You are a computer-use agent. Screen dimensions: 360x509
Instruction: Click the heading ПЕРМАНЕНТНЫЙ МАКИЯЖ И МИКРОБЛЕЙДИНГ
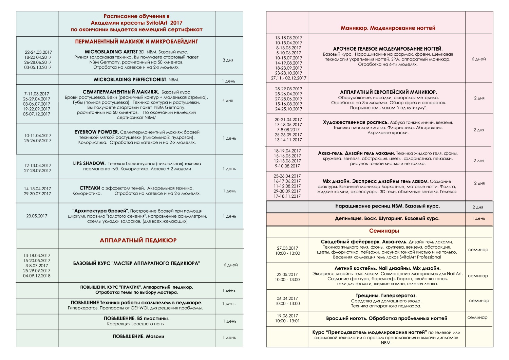(136, 42)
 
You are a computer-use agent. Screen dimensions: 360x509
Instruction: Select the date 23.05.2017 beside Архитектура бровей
(37, 216)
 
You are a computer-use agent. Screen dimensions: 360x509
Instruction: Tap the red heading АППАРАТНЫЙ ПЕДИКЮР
(138, 240)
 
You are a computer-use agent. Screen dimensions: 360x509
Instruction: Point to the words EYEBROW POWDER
(96, 132)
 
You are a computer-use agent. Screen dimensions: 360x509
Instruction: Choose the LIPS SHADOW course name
(89, 164)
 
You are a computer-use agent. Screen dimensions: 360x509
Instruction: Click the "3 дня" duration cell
(228, 60)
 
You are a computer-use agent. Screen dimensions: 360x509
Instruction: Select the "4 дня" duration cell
(228, 101)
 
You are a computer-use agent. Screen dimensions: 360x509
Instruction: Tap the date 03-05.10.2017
(38, 68)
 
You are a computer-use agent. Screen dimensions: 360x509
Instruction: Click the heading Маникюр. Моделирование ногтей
(388, 28)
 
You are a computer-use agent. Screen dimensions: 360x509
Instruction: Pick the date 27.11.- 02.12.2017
(288, 78)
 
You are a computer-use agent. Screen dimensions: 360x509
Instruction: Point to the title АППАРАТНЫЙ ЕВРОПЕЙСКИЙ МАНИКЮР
(388, 92)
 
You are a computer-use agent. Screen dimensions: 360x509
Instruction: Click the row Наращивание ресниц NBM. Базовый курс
(387, 206)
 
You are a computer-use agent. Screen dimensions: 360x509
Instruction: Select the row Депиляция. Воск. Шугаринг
(387, 219)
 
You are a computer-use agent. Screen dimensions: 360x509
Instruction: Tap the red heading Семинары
(384, 231)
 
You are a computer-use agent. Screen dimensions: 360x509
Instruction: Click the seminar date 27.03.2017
(287, 248)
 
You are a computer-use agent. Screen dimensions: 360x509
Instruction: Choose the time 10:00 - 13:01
(287, 321)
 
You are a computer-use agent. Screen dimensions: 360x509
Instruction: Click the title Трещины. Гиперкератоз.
(386, 296)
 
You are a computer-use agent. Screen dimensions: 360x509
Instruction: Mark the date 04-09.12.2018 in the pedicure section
(37, 276)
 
